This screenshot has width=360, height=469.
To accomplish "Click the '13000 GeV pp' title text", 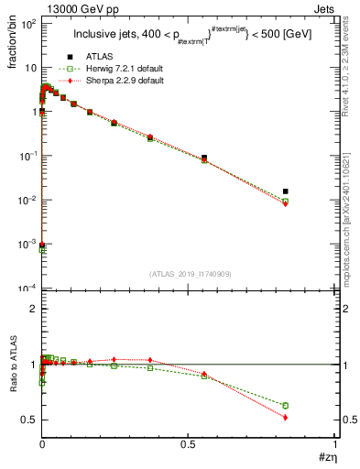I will click(74, 8).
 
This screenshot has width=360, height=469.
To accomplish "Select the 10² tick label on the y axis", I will click(27, 24).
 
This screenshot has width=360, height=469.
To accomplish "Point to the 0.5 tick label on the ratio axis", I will click(28, 420).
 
